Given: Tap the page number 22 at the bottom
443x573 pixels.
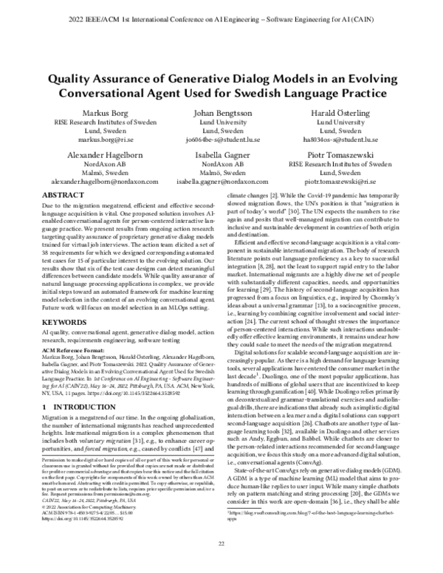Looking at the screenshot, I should coord(221,544).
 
